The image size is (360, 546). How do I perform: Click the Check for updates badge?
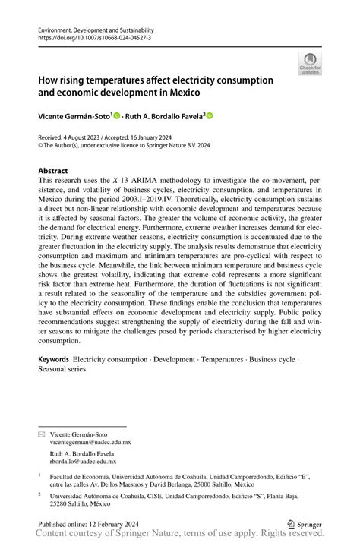[309, 63]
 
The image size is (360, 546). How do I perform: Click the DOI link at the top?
[84, 36]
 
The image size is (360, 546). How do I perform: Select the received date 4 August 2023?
[82, 136]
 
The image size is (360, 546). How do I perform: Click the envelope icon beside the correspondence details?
[42, 433]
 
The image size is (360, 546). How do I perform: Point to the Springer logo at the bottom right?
[308, 524]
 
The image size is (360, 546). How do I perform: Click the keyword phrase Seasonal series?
[62, 368]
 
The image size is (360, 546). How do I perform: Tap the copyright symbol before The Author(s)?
[40, 145]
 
